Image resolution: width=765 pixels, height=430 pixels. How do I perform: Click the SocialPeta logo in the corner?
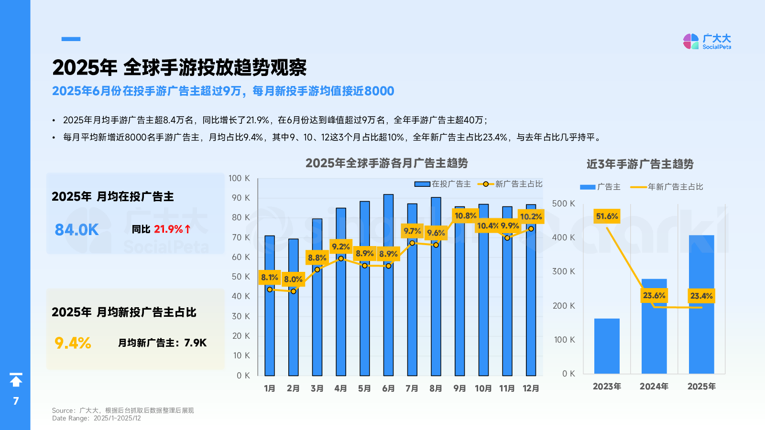[707, 41]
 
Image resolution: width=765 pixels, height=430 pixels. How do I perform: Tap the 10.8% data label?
[465, 216]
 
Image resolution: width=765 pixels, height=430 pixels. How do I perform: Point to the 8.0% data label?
[293, 279]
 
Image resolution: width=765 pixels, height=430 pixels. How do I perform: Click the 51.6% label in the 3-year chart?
[607, 216]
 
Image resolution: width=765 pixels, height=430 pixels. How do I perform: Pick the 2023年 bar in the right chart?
[607, 346]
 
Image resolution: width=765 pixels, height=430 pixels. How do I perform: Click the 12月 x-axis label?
[531, 388]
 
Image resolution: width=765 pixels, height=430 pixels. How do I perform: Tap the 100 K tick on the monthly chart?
[239, 178]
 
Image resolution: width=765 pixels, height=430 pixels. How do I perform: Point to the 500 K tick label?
[563, 204]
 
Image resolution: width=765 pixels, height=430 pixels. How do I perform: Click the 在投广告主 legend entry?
[443, 184]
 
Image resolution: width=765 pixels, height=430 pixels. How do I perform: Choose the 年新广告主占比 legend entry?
[667, 187]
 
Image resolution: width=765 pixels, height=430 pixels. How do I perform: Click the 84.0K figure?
[76, 230]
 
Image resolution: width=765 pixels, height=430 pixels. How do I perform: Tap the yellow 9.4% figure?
[73, 343]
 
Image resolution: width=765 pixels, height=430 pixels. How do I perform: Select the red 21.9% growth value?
[168, 229]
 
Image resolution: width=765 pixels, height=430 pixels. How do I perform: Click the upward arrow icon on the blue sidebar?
[16, 380]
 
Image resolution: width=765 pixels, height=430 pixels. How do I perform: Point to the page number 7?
[16, 401]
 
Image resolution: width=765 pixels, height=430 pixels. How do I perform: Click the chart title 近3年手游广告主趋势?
[640, 164]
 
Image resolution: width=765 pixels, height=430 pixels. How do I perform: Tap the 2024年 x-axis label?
[654, 387]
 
